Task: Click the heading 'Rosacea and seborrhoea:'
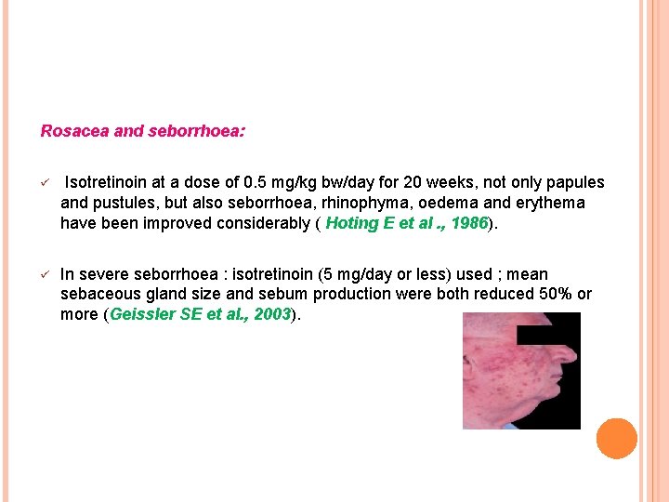143,131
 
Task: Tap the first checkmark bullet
45,183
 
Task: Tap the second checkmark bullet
45,274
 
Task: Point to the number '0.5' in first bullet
256,182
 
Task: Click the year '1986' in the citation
468,223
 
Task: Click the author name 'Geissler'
141,314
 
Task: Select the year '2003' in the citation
271,314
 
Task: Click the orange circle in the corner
617,439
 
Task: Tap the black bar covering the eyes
547,336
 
